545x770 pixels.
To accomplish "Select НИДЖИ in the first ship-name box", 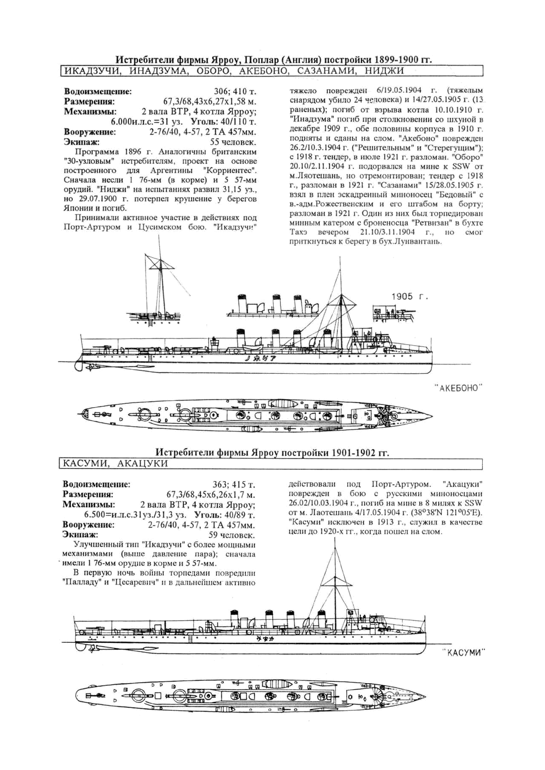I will point(384,71).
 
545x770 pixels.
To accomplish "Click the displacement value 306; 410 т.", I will point(235,92).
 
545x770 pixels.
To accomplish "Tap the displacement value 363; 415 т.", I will point(234,485).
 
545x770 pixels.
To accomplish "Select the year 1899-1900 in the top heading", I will point(395,60).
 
